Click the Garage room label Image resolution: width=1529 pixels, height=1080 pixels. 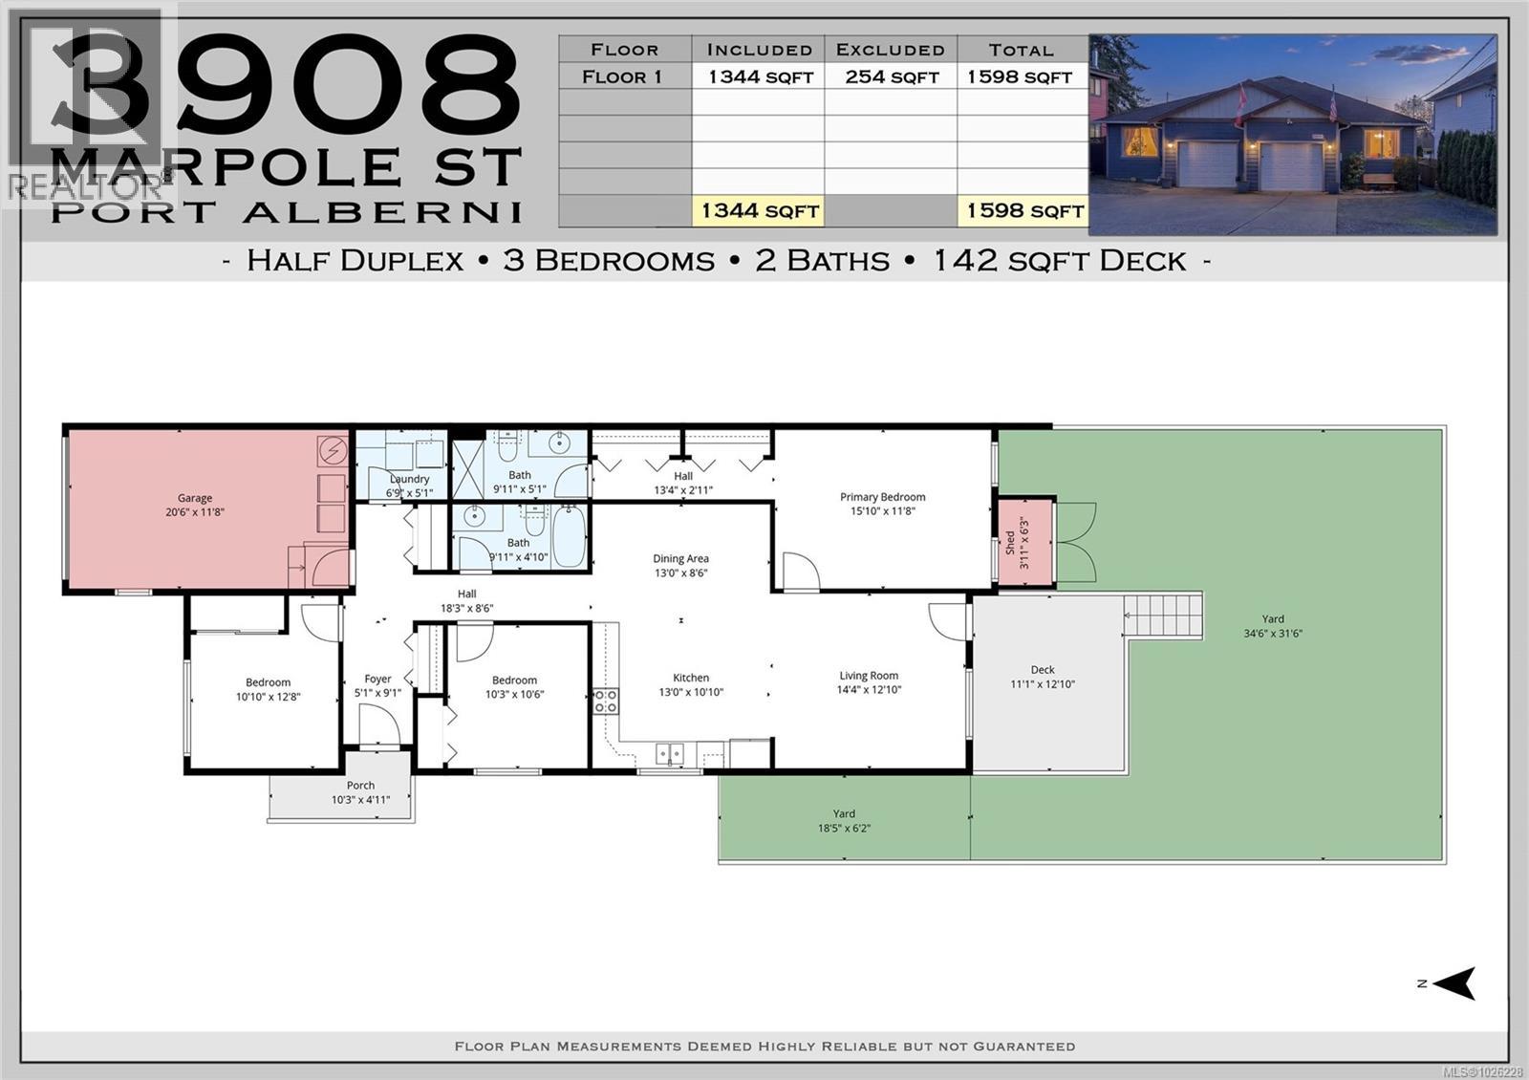[x=194, y=498]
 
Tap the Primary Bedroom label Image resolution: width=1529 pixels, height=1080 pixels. [x=882, y=497]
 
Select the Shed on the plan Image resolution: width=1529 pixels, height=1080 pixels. [x=1025, y=542]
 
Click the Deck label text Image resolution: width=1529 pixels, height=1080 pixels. [x=1042, y=670]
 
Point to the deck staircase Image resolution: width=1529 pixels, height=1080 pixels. [x=1162, y=613]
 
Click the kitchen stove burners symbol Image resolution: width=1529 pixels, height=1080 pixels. [x=606, y=702]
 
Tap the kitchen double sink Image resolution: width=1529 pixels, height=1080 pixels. [x=669, y=754]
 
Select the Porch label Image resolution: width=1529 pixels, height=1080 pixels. [x=360, y=786]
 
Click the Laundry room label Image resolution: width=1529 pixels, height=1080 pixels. [x=409, y=479]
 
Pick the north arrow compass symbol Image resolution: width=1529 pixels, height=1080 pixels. [x=1454, y=983]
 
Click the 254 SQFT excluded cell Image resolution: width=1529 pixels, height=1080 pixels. [x=891, y=76]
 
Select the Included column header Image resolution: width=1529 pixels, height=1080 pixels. [x=759, y=50]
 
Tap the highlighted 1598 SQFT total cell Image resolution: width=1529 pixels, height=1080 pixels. [x=1023, y=210]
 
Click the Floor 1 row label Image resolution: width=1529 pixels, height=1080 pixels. [x=623, y=76]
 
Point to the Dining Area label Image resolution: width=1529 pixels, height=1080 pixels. [x=680, y=559]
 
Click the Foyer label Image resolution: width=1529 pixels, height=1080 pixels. [x=377, y=679]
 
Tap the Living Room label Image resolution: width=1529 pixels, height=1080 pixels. [x=869, y=676]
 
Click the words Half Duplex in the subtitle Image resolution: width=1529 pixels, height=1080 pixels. [x=355, y=260]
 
